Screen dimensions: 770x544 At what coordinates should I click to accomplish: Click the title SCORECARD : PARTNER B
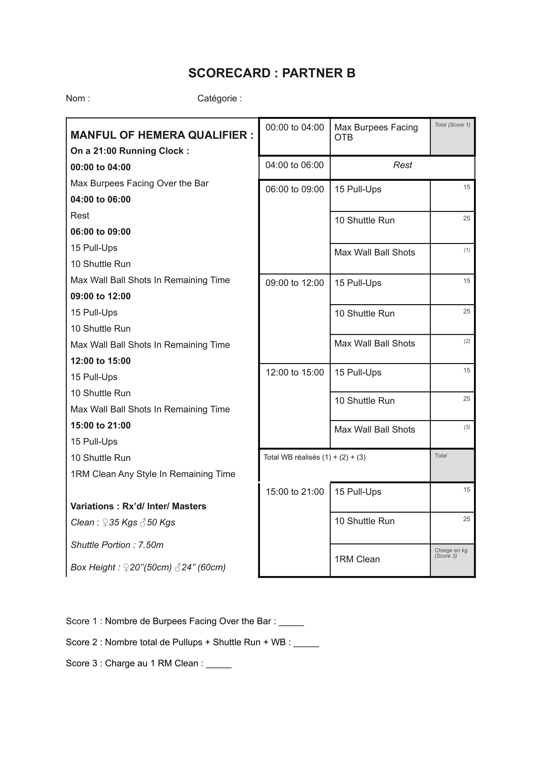(272, 73)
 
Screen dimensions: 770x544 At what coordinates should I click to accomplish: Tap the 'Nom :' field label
(78, 98)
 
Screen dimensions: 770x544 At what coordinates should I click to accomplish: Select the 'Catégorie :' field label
(219, 98)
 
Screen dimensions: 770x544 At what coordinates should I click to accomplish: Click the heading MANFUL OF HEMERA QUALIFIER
(162, 135)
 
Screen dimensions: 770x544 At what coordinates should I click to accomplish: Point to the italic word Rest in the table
(402, 165)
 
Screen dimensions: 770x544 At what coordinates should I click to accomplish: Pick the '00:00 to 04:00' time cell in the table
(294, 127)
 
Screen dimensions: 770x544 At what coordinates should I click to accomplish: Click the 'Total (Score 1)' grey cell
(452, 137)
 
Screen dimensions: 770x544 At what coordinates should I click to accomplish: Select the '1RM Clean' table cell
(357, 559)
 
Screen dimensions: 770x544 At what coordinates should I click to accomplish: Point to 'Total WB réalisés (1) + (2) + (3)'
(314, 458)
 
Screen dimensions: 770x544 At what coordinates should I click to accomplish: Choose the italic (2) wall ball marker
(467, 341)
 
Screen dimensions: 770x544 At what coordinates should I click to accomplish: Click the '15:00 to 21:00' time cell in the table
(295, 492)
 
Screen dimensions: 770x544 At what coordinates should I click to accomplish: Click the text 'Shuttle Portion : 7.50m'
(117, 545)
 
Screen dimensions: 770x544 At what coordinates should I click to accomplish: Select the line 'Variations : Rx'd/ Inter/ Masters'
(138, 506)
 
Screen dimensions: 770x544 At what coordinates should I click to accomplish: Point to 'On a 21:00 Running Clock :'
(129, 151)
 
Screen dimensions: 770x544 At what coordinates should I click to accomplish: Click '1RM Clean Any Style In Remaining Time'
(152, 474)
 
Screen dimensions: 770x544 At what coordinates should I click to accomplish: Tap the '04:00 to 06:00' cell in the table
(294, 165)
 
